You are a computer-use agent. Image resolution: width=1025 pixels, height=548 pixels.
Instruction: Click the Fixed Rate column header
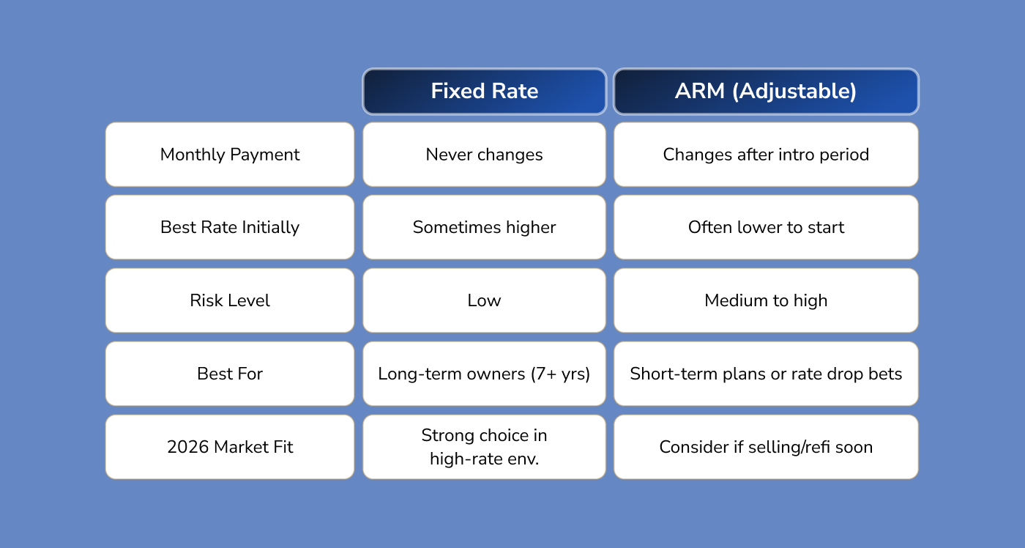(x=484, y=92)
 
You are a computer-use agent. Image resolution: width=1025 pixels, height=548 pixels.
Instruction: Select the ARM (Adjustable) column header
(x=766, y=92)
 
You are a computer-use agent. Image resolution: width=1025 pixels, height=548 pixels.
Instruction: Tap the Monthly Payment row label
(x=230, y=155)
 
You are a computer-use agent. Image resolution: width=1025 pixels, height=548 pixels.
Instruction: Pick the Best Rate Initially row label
(x=230, y=227)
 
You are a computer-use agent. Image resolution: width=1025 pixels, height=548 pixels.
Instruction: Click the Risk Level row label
(x=230, y=300)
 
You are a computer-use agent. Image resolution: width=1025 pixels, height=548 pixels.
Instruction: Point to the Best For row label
(x=230, y=374)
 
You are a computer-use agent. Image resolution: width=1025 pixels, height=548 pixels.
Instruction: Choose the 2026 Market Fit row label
(x=230, y=447)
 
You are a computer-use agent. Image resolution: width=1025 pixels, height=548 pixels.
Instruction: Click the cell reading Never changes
(x=484, y=155)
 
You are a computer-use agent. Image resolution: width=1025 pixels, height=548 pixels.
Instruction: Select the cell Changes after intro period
(x=766, y=155)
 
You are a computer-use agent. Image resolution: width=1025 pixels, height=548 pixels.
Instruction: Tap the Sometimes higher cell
(x=484, y=227)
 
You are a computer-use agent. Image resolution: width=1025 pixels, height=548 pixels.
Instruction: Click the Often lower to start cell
(x=766, y=227)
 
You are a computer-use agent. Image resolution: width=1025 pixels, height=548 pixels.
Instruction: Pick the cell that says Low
(x=484, y=300)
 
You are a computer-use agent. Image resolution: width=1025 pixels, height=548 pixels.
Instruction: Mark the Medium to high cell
(x=766, y=300)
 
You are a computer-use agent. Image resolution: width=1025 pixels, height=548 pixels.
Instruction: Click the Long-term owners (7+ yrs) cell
(x=484, y=374)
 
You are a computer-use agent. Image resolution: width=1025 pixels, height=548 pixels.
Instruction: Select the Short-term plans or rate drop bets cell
(x=766, y=374)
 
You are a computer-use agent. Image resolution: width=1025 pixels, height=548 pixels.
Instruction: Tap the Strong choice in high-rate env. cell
(x=484, y=447)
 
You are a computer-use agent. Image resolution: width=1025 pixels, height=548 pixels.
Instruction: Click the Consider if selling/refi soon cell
(x=766, y=447)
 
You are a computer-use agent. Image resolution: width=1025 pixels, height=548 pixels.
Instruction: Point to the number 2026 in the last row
(x=188, y=447)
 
